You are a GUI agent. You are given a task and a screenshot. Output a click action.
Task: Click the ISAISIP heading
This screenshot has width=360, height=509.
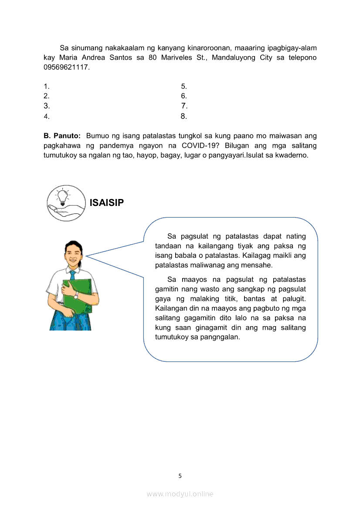click(x=107, y=202)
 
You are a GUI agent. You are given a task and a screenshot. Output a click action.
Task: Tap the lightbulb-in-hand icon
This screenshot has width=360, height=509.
click(x=66, y=202)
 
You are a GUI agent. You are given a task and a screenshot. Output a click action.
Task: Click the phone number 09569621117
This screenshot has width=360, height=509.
click(x=66, y=67)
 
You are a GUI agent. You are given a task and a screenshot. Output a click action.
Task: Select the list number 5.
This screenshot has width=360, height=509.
click(x=184, y=86)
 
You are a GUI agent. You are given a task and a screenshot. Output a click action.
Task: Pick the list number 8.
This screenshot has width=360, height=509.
click(x=184, y=116)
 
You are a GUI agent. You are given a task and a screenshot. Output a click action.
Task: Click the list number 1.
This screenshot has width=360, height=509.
click(x=46, y=86)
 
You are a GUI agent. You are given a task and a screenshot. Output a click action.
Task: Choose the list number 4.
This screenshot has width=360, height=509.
click(x=46, y=116)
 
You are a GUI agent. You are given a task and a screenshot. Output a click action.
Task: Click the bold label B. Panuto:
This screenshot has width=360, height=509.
click(x=62, y=135)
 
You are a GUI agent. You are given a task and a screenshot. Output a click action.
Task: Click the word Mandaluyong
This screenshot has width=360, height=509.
click(x=234, y=57)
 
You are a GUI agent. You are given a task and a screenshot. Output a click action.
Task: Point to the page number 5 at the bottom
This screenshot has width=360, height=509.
click(x=180, y=475)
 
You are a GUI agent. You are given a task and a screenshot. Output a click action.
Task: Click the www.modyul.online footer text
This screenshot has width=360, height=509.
click(x=180, y=494)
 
